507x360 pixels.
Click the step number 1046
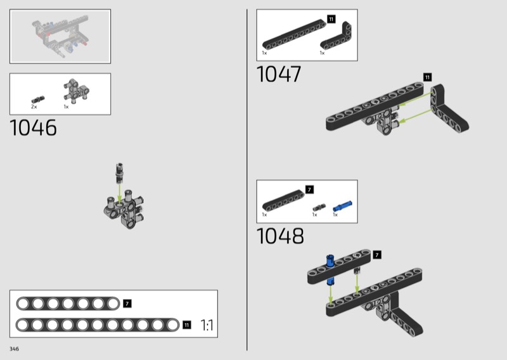(x=34, y=127)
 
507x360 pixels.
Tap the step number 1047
(x=279, y=74)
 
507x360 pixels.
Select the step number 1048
(x=280, y=236)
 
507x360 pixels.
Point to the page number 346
(x=14, y=349)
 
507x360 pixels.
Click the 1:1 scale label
(x=207, y=325)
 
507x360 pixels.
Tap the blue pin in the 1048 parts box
(x=342, y=206)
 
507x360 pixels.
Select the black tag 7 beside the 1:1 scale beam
(x=127, y=304)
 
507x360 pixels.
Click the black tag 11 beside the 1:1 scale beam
(x=187, y=325)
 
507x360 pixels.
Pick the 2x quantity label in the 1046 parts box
(x=34, y=106)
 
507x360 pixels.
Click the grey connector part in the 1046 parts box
(x=76, y=91)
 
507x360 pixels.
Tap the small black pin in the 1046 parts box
(x=38, y=100)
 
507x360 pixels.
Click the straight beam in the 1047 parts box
(x=294, y=34)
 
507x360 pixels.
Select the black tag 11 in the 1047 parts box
(x=331, y=20)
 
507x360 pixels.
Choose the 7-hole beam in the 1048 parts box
(x=283, y=200)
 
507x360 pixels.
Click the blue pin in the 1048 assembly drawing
(x=330, y=269)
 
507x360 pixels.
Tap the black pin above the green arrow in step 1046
(x=119, y=173)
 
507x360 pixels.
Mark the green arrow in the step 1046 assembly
(x=119, y=194)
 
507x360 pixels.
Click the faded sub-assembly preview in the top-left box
(x=60, y=36)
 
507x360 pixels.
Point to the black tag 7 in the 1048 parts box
(x=309, y=190)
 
